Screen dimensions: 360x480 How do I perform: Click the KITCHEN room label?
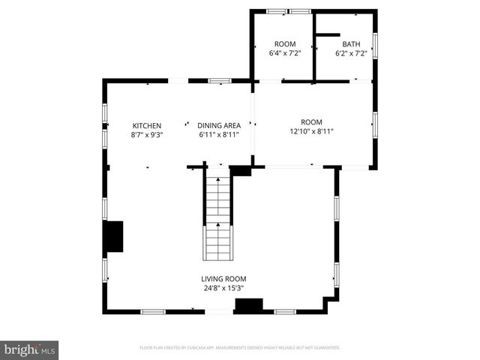tap(147, 125)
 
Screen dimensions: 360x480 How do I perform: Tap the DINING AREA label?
tap(219, 125)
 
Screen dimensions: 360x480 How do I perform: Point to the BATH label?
tap(352, 44)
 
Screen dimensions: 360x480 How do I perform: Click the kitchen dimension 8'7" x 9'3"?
tap(147, 135)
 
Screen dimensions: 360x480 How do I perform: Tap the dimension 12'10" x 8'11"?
tap(311, 131)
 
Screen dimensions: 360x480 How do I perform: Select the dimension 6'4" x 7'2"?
tap(285, 54)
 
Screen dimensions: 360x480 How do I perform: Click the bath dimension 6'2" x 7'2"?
tap(352, 54)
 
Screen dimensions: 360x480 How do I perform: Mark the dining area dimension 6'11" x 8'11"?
tap(219, 135)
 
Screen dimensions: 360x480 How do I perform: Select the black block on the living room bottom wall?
tap(249, 305)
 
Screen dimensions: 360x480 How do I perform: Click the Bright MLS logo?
tap(30, 349)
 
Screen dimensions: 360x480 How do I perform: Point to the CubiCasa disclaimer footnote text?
tap(240, 348)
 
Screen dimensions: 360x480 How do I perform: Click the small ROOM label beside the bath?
tap(285, 44)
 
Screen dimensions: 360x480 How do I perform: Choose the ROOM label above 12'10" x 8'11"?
tap(311, 122)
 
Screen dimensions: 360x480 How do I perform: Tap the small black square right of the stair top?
tap(241, 171)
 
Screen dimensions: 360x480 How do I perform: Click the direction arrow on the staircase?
tap(218, 225)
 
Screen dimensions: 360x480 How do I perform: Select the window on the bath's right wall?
tap(374, 45)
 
